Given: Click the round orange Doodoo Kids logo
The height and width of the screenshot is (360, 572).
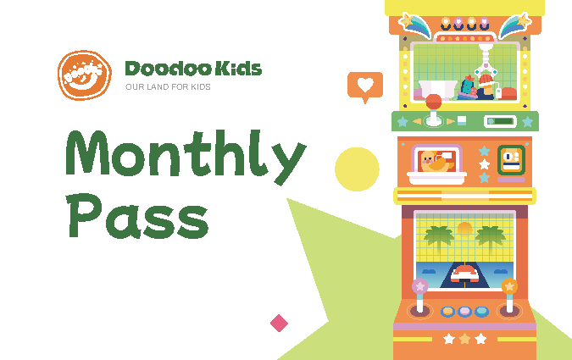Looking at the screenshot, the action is pyautogui.click(x=85, y=75).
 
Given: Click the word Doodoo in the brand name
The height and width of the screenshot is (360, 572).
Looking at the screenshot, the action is pyautogui.click(x=169, y=69).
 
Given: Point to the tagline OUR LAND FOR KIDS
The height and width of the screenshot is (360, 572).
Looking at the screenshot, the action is pyautogui.click(x=168, y=86).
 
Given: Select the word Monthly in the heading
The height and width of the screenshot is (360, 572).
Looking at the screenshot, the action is pyautogui.click(x=186, y=157).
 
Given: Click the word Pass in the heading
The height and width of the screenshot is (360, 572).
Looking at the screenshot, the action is pyautogui.click(x=137, y=216).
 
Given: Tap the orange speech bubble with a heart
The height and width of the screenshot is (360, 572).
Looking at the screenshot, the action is pyautogui.click(x=365, y=86).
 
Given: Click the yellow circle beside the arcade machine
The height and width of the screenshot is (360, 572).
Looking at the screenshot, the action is pyautogui.click(x=357, y=169).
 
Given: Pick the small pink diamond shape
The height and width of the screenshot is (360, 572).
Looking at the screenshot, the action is pyautogui.click(x=279, y=324).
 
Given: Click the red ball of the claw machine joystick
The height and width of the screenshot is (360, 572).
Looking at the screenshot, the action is pyautogui.click(x=433, y=102).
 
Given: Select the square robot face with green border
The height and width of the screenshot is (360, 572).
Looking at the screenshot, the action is pyautogui.click(x=512, y=160).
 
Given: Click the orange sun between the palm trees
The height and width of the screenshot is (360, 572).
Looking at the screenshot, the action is pyautogui.click(x=464, y=229).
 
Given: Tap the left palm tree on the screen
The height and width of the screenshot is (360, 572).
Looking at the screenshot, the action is pyautogui.click(x=439, y=238).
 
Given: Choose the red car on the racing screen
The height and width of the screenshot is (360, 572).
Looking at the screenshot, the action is pyautogui.click(x=464, y=274).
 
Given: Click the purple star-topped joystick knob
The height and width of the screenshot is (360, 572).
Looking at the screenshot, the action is pyautogui.click(x=419, y=286).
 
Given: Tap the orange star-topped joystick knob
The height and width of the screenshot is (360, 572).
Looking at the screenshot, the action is pyautogui.click(x=509, y=286).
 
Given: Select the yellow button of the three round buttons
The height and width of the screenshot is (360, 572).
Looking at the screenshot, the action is pyautogui.click(x=447, y=312).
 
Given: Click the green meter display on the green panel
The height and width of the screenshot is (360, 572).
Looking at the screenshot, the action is pyautogui.click(x=501, y=121).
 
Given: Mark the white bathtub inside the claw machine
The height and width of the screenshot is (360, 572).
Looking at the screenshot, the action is pyautogui.click(x=438, y=90).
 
